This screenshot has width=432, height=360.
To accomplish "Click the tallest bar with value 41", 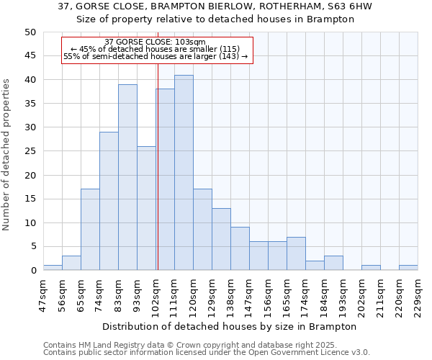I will click(184, 173).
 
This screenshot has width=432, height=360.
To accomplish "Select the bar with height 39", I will click(127, 177).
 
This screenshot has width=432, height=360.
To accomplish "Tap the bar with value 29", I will click(109, 201).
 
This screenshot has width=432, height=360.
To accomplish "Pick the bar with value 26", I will click(146, 208).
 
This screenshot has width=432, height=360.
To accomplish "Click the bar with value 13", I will click(221, 239).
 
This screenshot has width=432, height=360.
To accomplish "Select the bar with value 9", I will click(240, 248).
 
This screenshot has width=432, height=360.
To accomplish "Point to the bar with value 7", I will click(296, 253).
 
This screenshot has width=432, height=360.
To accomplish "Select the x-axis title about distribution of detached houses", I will click(230, 326).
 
